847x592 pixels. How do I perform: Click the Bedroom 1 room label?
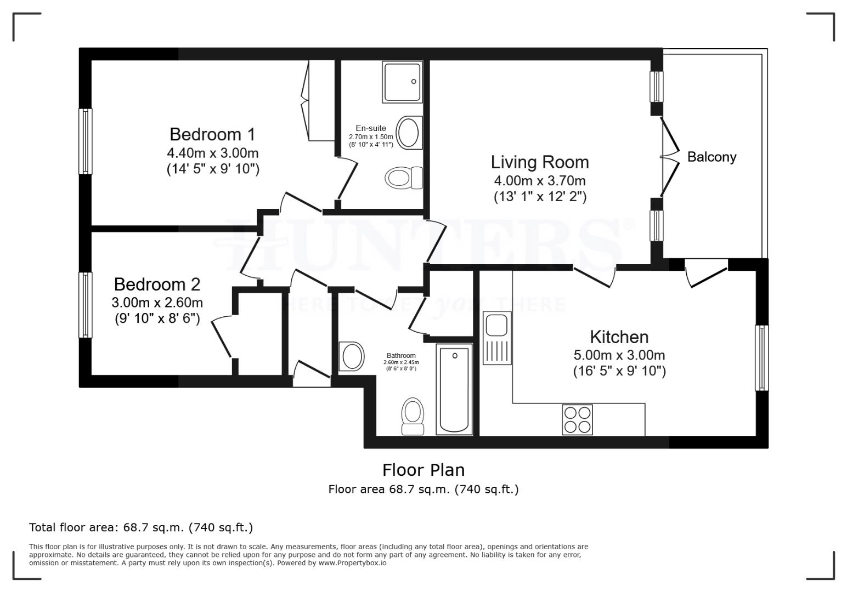point(212,134)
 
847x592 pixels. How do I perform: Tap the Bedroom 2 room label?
point(157,284)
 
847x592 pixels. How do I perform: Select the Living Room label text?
point(540,162)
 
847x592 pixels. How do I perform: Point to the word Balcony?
point(712,157)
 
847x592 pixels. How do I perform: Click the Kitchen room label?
point(619,337)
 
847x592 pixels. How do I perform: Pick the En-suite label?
point(371,129)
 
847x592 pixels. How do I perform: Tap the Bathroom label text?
point(400,356)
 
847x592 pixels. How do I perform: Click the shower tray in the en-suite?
point(403,82)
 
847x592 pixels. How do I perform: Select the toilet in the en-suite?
point(404,178)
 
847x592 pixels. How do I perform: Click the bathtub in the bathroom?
point(454,389)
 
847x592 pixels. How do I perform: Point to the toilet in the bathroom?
point(413,417)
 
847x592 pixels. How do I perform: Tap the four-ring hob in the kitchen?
point(577,419)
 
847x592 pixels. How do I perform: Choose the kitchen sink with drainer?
point(497,338)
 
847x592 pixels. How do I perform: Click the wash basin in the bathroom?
point(352,356)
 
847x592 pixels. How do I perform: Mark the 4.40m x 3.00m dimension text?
point(212,152)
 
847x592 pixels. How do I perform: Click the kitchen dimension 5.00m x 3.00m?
point(619,355)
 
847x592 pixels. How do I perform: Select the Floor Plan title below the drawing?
point(423,470)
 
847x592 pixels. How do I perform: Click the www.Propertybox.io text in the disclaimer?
point(352,563)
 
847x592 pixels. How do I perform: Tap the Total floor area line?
point(141,527)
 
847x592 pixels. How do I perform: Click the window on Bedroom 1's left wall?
point(86,141)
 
